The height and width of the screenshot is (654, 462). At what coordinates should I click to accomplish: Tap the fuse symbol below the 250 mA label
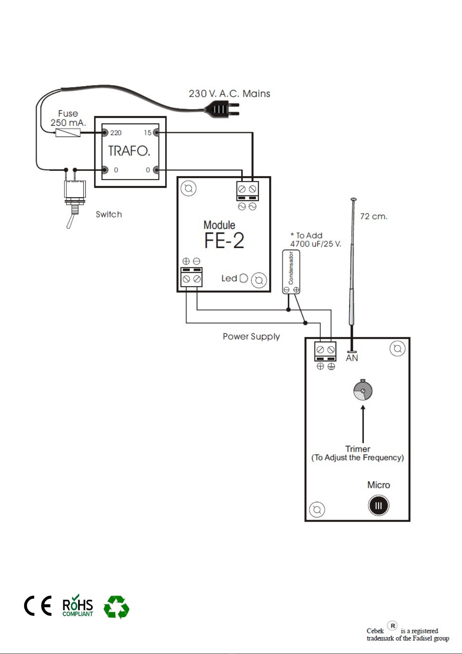tap(68, 133)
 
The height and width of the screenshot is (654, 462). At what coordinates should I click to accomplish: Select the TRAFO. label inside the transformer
tap(129, 151)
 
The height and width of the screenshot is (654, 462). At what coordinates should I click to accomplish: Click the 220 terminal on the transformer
tap(104, 133)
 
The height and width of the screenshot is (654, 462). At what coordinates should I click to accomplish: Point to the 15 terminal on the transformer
tap(156, 133)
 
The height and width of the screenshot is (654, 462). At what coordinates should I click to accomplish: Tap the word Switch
tap(109, 214)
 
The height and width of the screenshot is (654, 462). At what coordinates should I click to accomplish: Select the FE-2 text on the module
tap(224, 241)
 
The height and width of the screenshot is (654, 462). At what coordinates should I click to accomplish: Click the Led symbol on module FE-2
tap(244, 278)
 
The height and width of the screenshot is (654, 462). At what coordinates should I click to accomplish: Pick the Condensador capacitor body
tap(291, 272)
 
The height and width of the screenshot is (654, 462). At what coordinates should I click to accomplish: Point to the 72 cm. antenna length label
tap(374, 216)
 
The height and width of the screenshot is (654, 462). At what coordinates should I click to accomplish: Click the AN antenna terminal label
tap(352, 358)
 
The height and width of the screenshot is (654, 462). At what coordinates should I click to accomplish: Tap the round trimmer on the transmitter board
tap(363, 390)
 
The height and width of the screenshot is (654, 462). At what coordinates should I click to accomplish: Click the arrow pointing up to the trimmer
tap(363, 424)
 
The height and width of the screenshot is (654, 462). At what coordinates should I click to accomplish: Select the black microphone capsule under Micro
tap(379, 505)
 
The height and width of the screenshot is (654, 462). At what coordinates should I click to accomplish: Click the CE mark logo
tap(38, 605)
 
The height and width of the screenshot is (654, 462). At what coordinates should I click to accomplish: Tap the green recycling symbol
tap(116, 607)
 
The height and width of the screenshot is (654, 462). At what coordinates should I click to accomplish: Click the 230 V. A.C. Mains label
tap(229, 94)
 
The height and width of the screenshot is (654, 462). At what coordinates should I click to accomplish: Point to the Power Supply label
tap(251, 337)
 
